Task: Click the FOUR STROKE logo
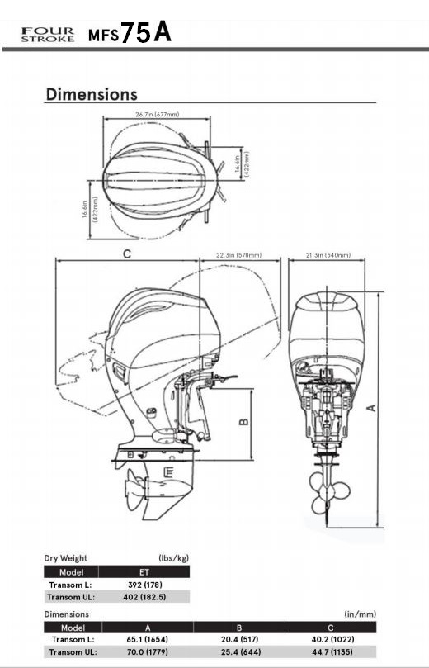click(x=48, y=35)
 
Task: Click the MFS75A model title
click(x=130, y=32)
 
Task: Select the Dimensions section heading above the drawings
click(x=92, y=94)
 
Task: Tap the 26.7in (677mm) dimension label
click(x=158, y=114)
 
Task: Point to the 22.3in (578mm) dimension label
click(x=238, y=255)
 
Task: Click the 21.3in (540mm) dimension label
click(x=328, y=255)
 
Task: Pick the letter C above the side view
click(x=127, y=254)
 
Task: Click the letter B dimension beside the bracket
click(x=244, y=422)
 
